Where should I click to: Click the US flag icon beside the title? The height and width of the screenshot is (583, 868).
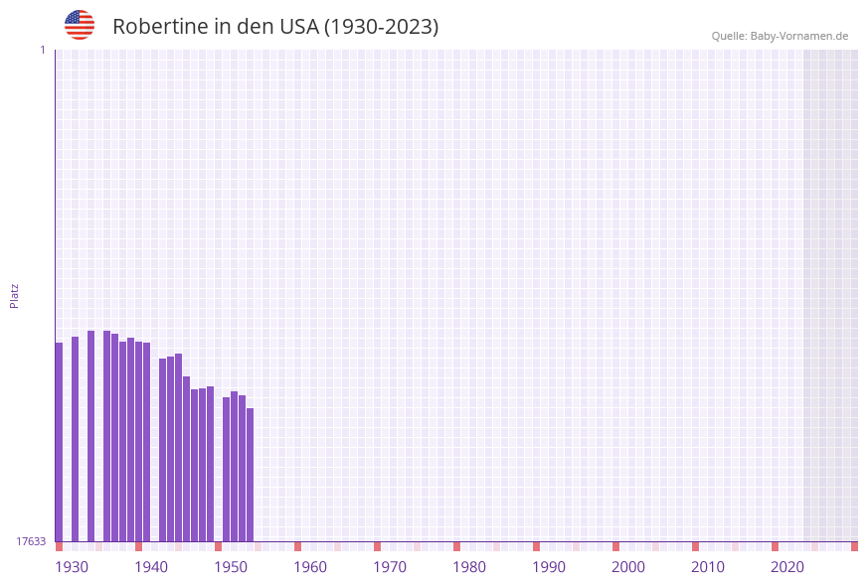[x=80, y=25]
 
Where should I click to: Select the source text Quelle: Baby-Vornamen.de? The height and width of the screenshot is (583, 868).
[x=780, y=36]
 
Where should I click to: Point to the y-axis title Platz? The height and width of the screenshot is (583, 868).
[x=15, y=295]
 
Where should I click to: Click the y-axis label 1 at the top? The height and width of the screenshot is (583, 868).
[x=42, y=50]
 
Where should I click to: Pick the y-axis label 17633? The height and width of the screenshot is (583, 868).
[x=31, y=541]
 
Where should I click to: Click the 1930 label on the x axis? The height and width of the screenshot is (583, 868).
[x=72, y=567]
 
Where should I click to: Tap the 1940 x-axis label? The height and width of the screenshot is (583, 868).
[x=151, y=567]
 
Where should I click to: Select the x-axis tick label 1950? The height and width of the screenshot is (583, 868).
[x=231, y=567]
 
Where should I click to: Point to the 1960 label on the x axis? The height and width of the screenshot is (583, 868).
[x=310, y=567]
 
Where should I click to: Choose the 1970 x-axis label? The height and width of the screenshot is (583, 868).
[x=390, y=567]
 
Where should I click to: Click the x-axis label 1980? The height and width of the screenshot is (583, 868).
[x=469, y=567]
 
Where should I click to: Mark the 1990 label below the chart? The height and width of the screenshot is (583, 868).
[x=549, y=567]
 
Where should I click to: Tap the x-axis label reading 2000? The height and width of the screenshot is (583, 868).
[x=628, y=567]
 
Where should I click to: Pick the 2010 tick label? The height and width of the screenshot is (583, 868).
[x=708, y=567]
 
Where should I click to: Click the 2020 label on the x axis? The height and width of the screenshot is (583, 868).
[x=787, y=567]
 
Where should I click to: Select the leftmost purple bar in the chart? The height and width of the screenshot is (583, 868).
[x=59, y=442]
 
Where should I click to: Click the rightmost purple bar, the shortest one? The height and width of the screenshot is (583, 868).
[x=251, y=475]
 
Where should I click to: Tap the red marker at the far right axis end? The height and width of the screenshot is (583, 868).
[x=854, y=546]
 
